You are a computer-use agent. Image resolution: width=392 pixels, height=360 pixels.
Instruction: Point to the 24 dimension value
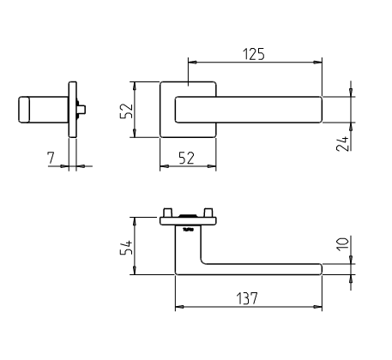(x=342, y=142)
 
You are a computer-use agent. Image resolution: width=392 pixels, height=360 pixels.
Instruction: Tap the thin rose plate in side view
(x=73, y=109)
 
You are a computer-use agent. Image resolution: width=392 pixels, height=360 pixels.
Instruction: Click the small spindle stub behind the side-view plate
(x=81, y=109)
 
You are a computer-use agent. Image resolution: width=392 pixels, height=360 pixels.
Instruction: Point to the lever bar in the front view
(x=249, y=109)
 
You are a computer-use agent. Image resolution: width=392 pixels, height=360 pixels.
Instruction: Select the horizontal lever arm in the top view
(x=257, y=269)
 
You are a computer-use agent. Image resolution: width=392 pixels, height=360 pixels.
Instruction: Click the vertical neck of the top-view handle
(x=188, y=249)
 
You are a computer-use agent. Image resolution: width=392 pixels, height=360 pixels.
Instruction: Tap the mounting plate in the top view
(x=188, y=220)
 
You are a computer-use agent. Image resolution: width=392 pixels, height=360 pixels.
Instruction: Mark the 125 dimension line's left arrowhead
(x=190, y=63)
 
